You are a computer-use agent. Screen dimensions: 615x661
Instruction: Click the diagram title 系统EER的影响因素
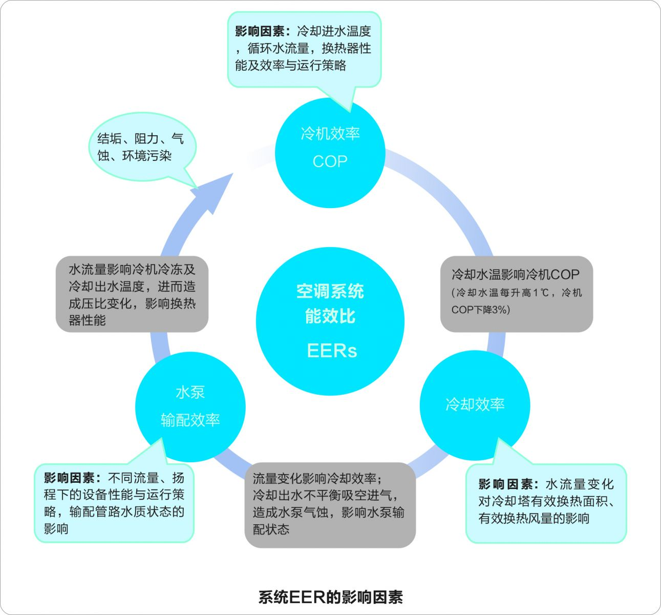tap(330, 597)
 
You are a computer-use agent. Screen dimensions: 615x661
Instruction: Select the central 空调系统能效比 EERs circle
tap(330, 321)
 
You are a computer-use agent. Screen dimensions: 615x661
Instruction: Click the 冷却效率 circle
tap(475, 405)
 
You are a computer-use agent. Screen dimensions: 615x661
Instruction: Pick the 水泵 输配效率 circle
tap(190, 406)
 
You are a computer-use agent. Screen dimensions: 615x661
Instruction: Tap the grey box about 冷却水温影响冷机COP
tap(516, 293)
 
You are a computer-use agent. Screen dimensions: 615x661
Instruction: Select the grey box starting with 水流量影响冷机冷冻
tap(132, 294)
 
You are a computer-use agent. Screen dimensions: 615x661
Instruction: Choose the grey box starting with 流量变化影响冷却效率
tap(330, 504)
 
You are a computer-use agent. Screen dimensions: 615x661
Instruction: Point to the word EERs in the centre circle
tap(332, 351)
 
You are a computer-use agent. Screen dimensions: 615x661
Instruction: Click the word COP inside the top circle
tap(330, 161)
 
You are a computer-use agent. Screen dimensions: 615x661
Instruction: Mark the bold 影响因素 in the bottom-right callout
tap(507, 484)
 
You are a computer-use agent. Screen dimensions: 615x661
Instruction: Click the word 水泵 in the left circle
tap(190, 393)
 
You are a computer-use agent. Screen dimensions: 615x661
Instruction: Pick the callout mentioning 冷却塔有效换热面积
tap(546, 502)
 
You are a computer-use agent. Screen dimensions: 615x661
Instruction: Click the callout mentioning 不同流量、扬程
tap(114, 502)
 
